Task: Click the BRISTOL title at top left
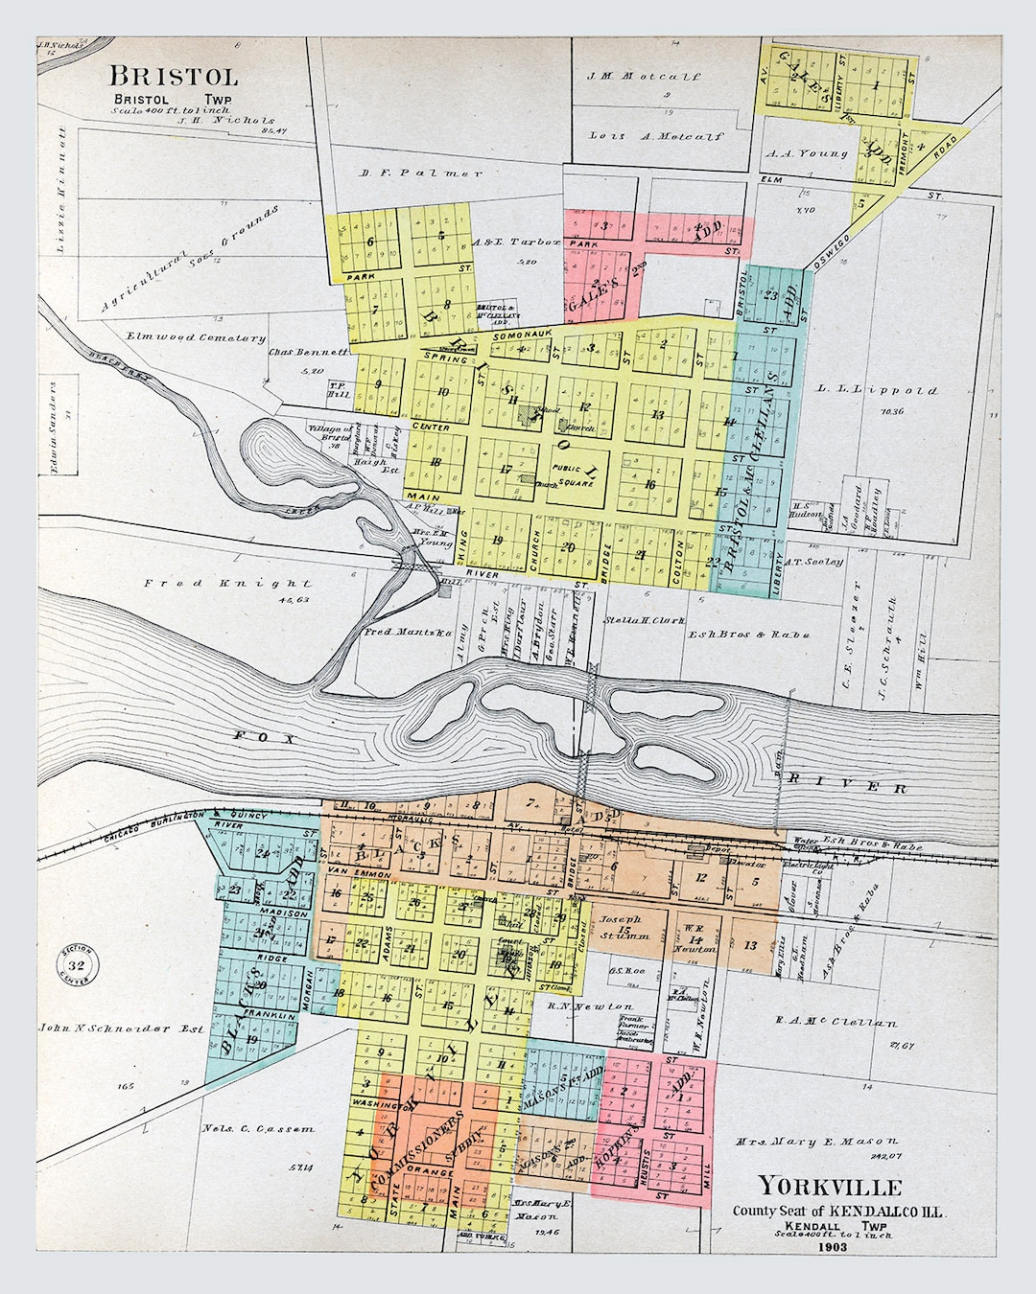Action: [173, 77]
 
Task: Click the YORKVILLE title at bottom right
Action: [830, 1186]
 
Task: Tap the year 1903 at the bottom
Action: [833, 1249]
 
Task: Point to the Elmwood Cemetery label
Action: [196, 337]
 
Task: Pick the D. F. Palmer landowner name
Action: [420, 173]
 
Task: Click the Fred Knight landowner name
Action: [227, 583]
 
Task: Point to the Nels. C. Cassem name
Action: [258, 1128]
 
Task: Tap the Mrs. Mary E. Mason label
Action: [816, 1142]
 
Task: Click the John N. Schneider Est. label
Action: [121, 1028]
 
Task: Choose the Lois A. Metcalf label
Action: [656, 136]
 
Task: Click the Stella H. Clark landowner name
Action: [645, 620]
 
